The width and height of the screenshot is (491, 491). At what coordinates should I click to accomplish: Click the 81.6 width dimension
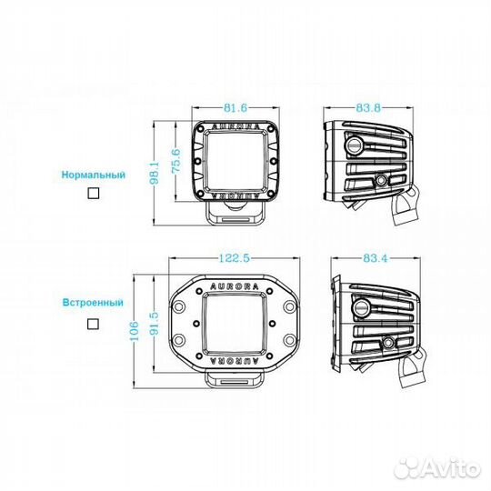tap(235, 108)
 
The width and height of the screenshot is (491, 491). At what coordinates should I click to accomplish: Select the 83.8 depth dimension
tap(368, 108)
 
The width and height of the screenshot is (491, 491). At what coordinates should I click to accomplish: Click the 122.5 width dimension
tap(235, 258)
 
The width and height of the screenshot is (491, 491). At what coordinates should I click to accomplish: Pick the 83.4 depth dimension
tap(376, 258)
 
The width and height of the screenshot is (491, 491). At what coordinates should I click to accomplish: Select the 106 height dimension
tap(134, 331)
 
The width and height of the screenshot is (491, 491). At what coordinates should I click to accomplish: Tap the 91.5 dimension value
tap(155, 324)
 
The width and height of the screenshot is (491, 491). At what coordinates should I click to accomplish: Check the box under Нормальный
tap(94, 194)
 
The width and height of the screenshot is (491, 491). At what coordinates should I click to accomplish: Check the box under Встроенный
tap(93, 324)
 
